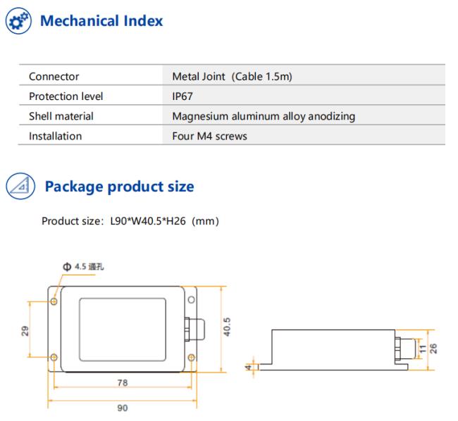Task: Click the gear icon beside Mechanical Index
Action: tap(18, 20)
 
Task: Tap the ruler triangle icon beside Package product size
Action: tap(20, 186)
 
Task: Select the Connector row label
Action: tap(54, 77)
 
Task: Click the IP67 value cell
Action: tap(182, 96)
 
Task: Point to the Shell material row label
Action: tap(61, 116)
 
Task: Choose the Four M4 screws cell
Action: tap(209, 136)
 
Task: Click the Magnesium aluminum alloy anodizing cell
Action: tap(264, 116)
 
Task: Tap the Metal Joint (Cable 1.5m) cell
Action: tap(233, 77)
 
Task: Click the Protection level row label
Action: tap(66, 96)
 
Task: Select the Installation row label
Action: tap(55, 136)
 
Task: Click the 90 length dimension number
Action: tap(123, 408)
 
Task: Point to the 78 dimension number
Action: tap(123, 382)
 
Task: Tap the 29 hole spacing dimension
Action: tap(25, 331)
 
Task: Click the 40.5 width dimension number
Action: tap(227, 327)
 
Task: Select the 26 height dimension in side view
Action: tap(433, 348)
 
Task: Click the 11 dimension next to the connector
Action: tap(423, 348)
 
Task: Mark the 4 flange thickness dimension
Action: tap(249, 367)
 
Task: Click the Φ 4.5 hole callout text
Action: tap(83, 266)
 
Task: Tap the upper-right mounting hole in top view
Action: tap(192, 300)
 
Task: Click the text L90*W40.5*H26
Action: tap(148, 221)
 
